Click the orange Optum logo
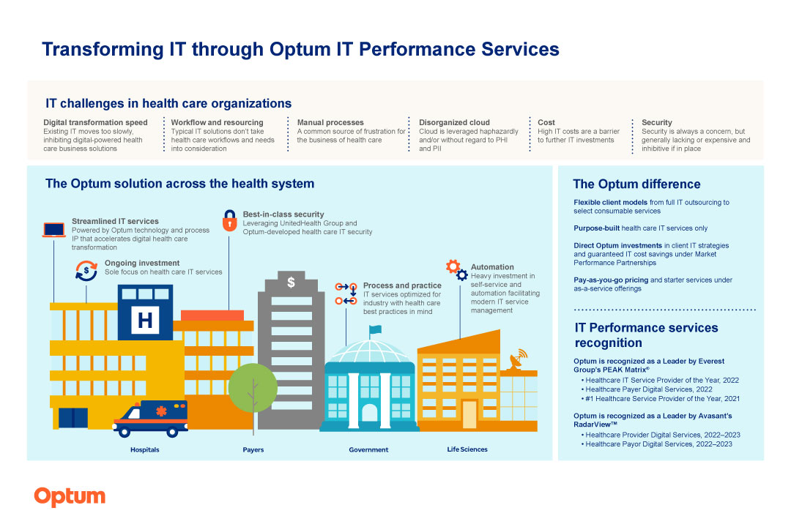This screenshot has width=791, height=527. tap(70, 497)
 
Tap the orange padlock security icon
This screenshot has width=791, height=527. tap(229, 221)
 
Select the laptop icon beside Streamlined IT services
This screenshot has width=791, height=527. tap(54, 229)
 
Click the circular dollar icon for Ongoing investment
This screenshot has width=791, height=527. tap(86, 270)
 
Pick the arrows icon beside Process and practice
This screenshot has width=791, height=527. tap(346, 293)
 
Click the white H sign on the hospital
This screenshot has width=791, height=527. tap(145, 320)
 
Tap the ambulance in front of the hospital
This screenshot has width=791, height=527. tap(150, 418)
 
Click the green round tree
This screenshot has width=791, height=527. tap(253, 388)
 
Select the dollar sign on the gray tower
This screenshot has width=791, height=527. tap(291, 282)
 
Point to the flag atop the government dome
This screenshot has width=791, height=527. tap(375, 330)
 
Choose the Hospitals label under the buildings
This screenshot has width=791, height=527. tap(144, 449)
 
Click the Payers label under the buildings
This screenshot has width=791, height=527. tap(253, 449)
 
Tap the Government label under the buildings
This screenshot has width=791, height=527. tap(368, 449)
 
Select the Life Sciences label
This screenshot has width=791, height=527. tap(467, 449)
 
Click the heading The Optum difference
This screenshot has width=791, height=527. tap(636, 184)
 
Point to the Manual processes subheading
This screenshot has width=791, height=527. tap(330, 122)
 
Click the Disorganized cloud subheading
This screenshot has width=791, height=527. tap(454, 122)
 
